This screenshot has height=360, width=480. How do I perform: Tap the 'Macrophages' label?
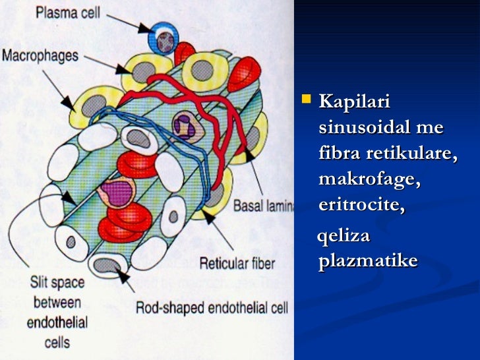coord(40,56)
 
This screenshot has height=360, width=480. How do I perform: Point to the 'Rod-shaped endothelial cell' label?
coord(211,308)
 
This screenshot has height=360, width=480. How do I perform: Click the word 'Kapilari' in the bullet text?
coord(354,103)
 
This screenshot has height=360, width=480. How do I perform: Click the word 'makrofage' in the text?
coord(369,179)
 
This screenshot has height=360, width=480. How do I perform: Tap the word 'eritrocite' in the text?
coord(361,205)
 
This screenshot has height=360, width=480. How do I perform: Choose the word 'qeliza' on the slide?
coord(344,236)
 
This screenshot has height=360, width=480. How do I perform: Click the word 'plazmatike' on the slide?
coord(367,261)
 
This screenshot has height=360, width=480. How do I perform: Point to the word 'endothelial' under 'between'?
coord(57,324)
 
